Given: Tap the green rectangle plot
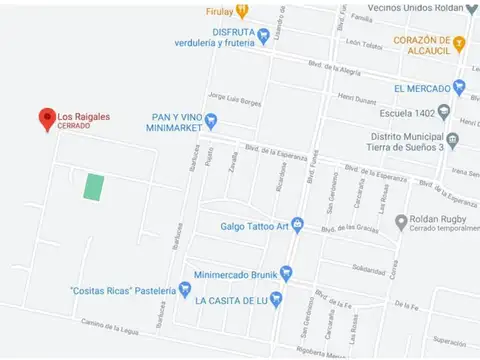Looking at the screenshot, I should click(x=93, y=187).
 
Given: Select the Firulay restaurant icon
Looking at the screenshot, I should click(x=243, y=11).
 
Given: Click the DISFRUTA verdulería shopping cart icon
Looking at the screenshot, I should click(x=263, y=36).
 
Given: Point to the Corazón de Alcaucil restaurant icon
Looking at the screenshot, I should click(x=459, y=43).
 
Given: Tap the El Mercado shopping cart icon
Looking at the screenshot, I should click(x=459, y=87).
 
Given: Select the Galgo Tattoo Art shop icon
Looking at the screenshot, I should click(x=297, y=225).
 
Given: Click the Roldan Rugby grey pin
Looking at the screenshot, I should click(x=401, y=221).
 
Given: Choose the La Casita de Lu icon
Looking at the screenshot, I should click(x=277, y=299).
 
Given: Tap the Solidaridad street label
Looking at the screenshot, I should click(x=368, y=269).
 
